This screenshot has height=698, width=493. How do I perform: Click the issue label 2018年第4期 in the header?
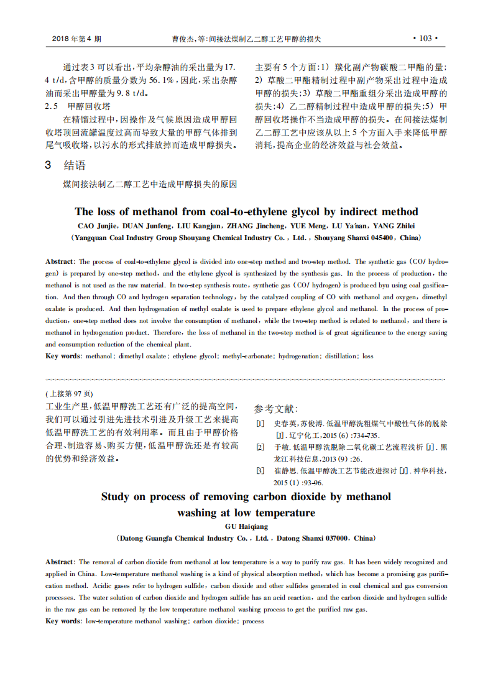click(x=76, y=39)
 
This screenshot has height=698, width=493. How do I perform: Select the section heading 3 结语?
click(x=65, y=165)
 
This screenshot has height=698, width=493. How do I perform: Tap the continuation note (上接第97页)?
click(x=70, y=394)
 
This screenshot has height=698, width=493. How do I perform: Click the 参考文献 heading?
click(x=276, y=409)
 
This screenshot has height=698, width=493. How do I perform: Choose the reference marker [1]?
click(x=260, y=424)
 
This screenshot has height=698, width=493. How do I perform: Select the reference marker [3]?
click(x=260, y=471)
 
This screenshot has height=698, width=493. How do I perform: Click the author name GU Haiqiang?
click(x=246, y=526)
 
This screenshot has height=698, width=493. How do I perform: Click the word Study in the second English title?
click(x=115, y=496)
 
